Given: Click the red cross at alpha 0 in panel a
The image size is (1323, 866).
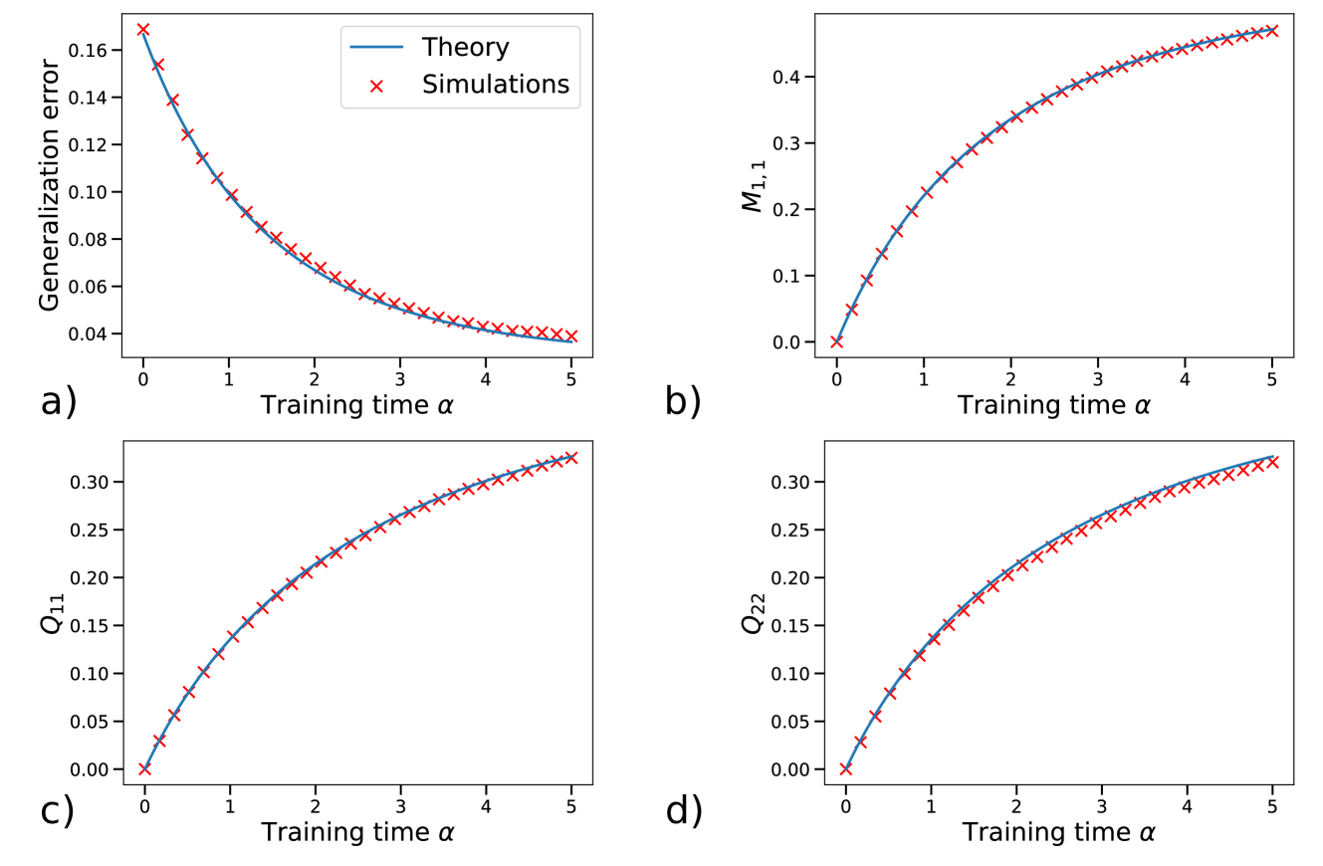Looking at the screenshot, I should coord(143,30).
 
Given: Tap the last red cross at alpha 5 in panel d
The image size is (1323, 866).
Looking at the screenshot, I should coord(1272,462).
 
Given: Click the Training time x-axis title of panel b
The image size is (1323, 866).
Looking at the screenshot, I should coord(1043,405).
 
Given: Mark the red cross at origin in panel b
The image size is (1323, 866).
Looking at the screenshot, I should coord(836,341).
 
